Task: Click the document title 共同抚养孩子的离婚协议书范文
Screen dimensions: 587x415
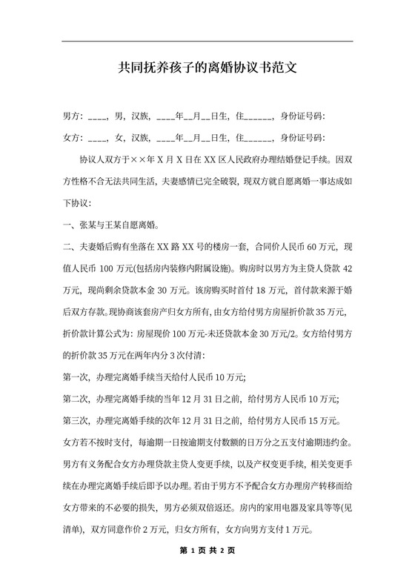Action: (207, 69)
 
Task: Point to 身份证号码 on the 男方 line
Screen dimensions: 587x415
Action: (300, 116)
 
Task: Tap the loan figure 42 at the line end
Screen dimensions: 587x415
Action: (348, 268)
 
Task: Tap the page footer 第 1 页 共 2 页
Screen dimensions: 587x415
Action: (207, 551)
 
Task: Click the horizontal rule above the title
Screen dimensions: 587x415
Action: (207, 41)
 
